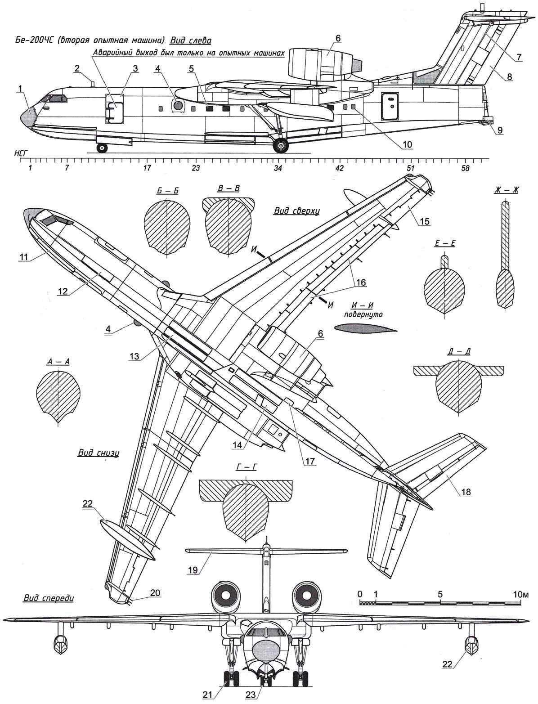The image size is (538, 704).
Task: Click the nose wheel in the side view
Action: pos(103,148)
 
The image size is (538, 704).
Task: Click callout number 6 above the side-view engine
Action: pos(338,39)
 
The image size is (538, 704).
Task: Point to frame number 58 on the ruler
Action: pos(465,168)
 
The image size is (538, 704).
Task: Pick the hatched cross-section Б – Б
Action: pos(166,223)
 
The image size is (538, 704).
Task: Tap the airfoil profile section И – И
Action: pos(366,328)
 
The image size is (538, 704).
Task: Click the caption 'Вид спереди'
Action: pos(47,599)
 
